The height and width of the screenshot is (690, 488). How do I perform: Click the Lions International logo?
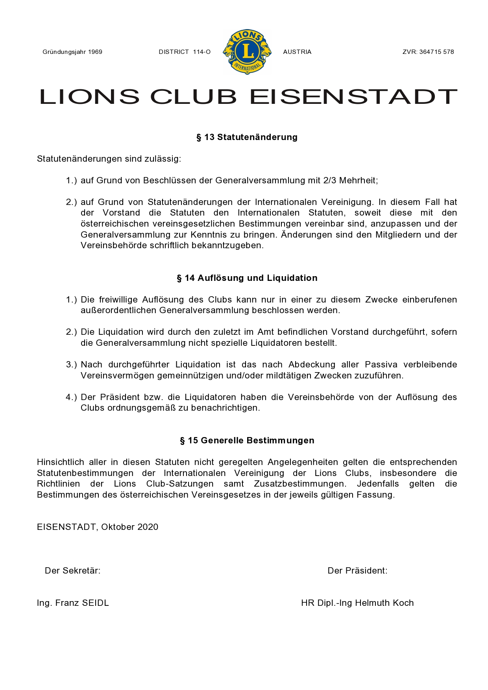247,52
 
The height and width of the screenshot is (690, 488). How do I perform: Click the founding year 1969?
95,52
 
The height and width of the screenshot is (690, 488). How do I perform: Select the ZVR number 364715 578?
436,52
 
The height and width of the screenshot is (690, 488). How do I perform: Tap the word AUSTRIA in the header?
297,52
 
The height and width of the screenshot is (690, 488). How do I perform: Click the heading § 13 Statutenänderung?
247,137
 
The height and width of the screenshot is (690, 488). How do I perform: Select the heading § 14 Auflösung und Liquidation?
247,278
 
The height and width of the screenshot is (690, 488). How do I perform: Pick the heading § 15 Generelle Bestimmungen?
247,441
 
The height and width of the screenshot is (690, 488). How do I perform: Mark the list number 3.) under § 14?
71,365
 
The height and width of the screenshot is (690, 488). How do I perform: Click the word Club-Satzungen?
180,484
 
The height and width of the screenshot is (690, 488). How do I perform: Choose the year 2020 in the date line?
148,527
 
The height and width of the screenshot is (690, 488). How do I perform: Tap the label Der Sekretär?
72,571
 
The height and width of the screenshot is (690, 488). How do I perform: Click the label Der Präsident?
357,571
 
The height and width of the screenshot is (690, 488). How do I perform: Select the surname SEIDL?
95,603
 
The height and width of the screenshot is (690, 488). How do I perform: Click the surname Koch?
403,603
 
